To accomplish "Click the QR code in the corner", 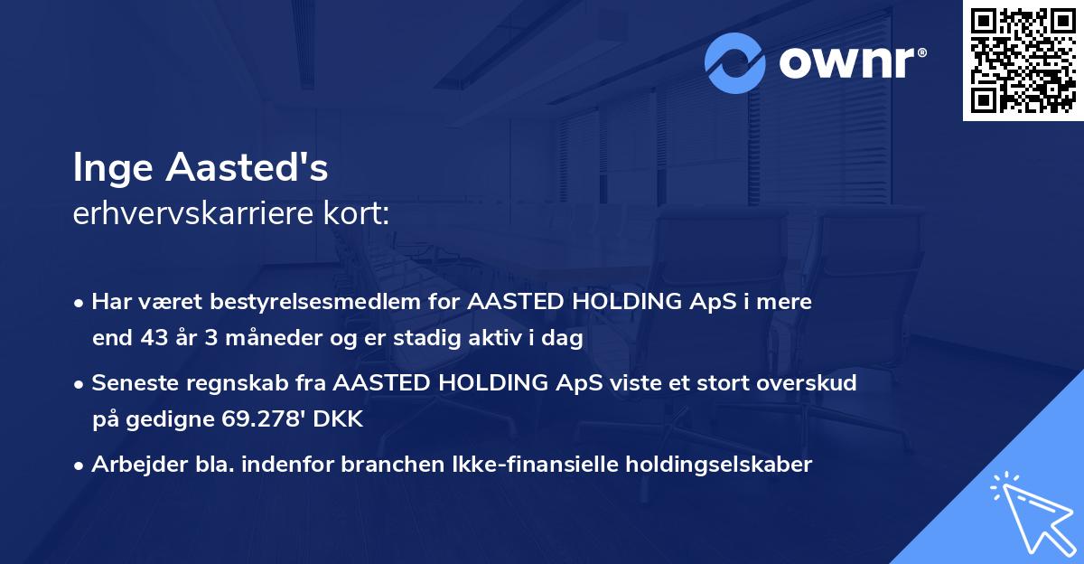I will [x=1023, y=61].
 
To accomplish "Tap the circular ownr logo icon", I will [x=734, y=62].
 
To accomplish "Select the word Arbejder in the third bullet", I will [x=135, y=465].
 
